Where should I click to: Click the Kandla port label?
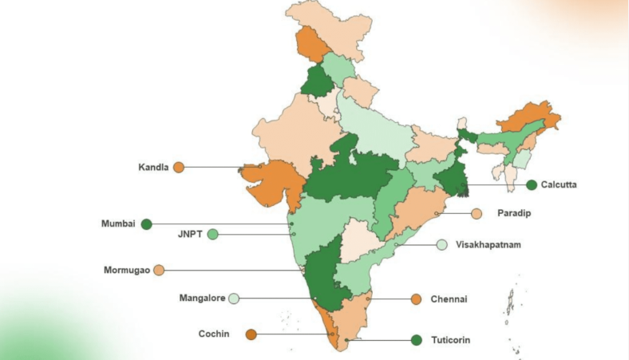154,168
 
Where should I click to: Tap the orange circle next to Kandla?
179,168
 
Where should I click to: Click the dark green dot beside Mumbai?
146,224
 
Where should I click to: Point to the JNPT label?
191,235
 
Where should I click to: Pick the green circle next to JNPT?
213,235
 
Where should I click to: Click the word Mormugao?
126,270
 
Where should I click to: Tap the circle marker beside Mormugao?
159,270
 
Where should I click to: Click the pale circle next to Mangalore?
234,299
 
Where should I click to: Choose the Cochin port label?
214,334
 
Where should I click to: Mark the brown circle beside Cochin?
251,334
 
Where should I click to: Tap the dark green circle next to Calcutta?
532,184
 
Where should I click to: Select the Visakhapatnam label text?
488,245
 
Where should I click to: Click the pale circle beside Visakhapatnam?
441,245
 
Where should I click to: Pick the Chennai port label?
449,299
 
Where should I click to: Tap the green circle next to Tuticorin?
416,340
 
